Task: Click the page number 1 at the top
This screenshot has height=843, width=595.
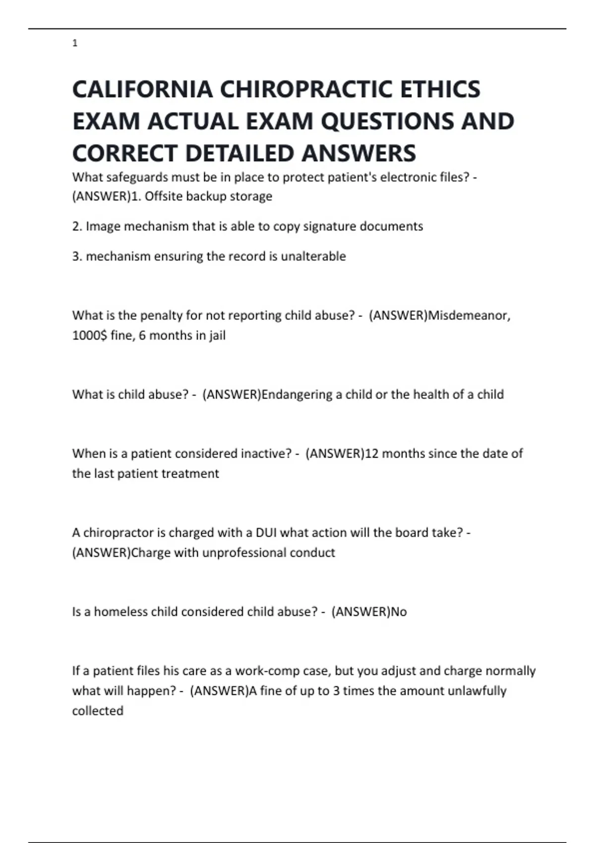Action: click(75, 44)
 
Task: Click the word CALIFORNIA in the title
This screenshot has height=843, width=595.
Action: click(142, 90)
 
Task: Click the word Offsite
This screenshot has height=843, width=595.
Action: click(163, 196)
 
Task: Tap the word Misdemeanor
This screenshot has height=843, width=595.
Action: click(469, 315)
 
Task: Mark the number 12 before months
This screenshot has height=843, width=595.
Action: click(371, 454)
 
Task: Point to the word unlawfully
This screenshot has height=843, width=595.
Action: click(476, 691)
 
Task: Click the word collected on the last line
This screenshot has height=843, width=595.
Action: click(98, 711)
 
